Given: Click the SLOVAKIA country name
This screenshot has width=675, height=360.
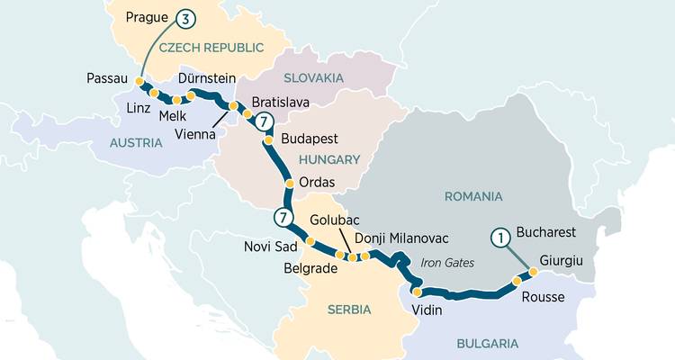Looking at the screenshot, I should [x=313, y=78].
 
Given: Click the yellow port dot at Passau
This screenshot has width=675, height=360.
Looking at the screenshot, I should [x=139, y=82].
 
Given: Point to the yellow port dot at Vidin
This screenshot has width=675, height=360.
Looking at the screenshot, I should [x=417, y=290].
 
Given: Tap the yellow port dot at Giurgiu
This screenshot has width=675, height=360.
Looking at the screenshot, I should [x=532, y=272].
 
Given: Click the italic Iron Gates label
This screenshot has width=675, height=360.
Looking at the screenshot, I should [x=446, y=263].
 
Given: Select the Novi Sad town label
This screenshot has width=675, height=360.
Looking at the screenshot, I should [x=269, y=247].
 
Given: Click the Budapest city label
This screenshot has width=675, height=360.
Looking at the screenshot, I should [x=310, y=139].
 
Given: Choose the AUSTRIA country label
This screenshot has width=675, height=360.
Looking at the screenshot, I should [x=136, y=142].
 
